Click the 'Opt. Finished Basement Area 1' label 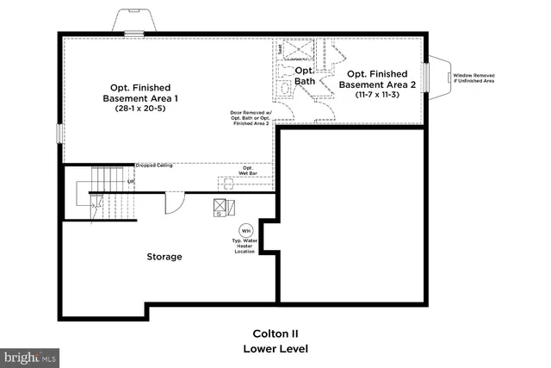point(140,92)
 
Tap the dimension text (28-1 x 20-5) point(140,109)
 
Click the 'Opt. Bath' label point(305,76)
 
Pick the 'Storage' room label point(164,256)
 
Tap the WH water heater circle point(245,230)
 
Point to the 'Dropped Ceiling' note point(153,165)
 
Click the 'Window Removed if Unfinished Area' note point(474,78)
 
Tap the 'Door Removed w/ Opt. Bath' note point(250,118)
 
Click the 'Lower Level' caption point(275,349)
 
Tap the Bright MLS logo point(30,355)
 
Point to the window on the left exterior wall point(59,134)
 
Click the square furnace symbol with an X point(221,207)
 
